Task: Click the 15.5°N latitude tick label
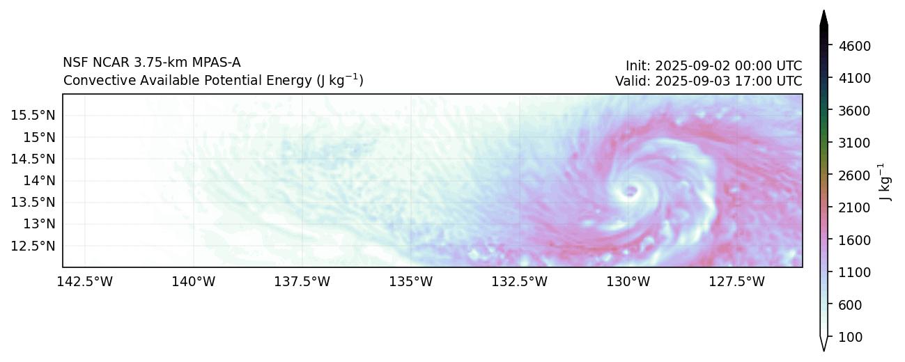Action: (35, 115)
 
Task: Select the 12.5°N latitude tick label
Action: (35, 246)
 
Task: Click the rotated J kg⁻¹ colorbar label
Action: (885, 182)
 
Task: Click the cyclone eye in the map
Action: (631, 190)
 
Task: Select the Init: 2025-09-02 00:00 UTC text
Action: (713, 66)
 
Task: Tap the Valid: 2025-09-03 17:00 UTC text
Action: (709, 81)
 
